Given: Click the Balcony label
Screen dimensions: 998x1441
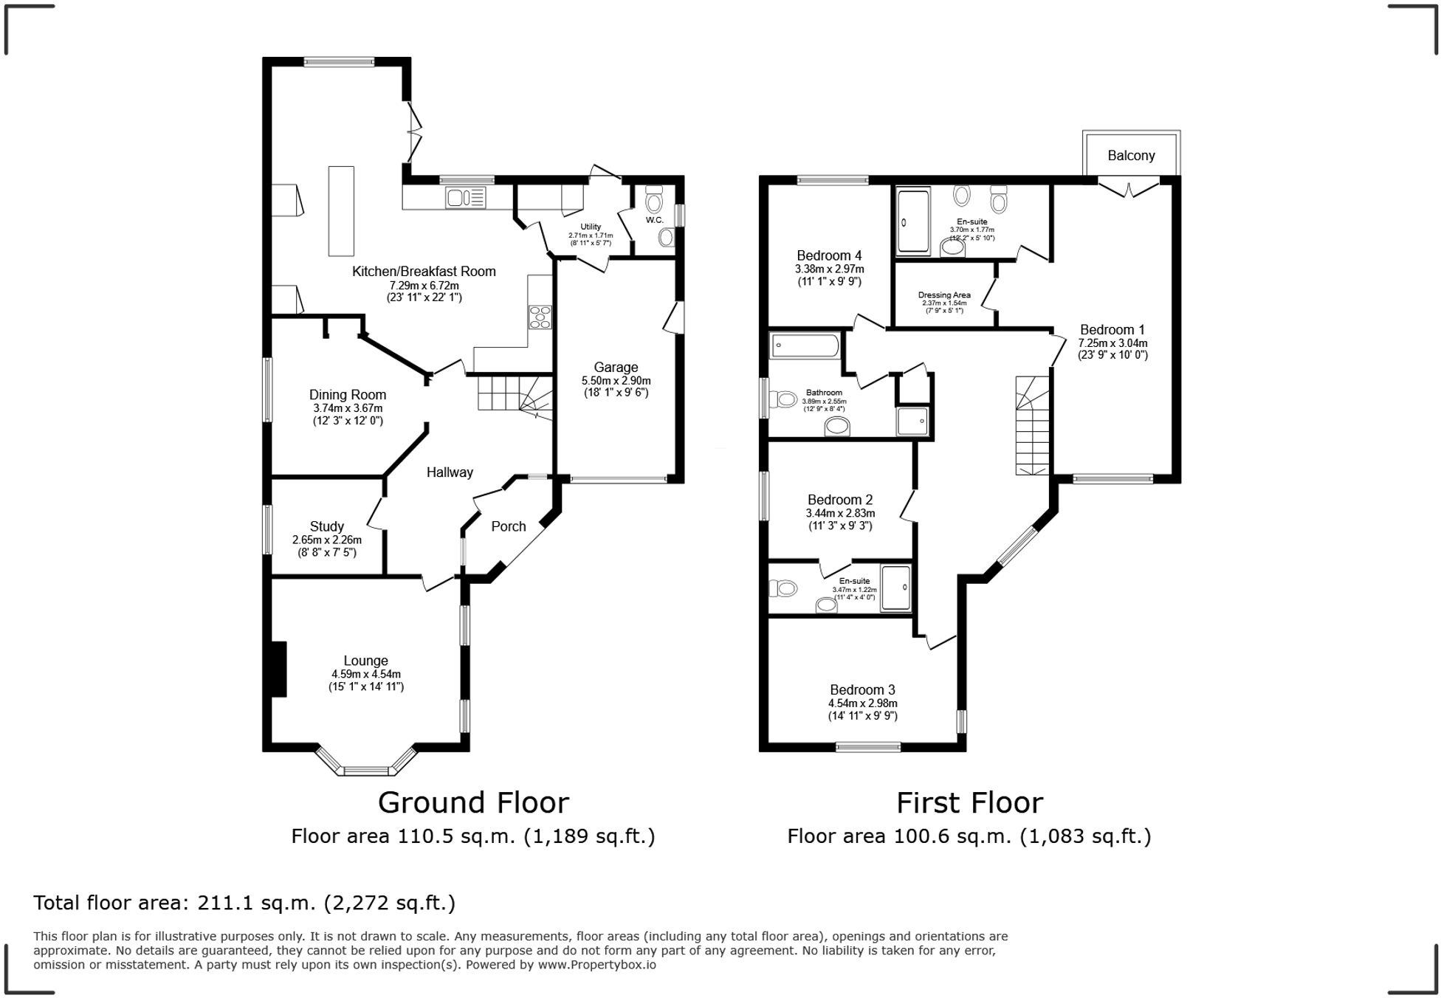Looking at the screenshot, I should point(1130,156).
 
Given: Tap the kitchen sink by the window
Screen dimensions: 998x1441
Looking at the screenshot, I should point(465,198).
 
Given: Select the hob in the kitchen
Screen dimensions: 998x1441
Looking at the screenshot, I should point(540,317).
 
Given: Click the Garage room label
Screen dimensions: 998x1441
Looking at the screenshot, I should point(616,367).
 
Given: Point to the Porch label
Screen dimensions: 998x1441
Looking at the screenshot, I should point(509,526).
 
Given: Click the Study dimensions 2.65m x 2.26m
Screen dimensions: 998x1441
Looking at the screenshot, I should point(326,540).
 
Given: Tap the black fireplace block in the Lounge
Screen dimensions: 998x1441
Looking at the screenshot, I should point(278,669).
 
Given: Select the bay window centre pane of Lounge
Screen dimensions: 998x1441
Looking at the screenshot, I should point(365,771).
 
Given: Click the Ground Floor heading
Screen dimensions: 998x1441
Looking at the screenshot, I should point(473,802).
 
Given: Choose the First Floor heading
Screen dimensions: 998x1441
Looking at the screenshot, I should point(969,802).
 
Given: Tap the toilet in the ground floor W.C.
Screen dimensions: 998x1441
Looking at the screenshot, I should point(654,201).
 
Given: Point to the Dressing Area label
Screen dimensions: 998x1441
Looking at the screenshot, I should point(944,295).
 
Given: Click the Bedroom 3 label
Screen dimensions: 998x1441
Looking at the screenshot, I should point(862,689).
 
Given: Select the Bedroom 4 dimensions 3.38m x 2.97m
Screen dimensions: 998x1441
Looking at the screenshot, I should point(829,269).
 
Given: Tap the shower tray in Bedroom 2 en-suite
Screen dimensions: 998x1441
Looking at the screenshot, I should point(895,588).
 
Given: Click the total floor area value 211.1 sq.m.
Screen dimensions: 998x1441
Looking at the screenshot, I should point(244,903).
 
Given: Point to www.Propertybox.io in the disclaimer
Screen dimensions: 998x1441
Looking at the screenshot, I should point(596,964).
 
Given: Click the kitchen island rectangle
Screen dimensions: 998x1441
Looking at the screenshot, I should point(341,211).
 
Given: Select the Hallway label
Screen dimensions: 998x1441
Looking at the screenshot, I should point(450,472).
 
